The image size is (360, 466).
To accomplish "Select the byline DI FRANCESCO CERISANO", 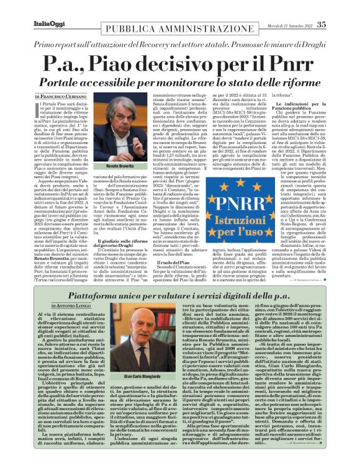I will point(60,97).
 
